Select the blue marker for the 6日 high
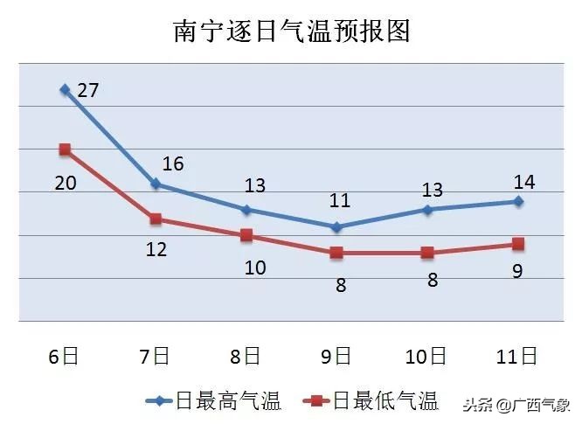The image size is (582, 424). click(x=65, y=89)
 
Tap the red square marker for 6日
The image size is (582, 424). click(x=65, y=149)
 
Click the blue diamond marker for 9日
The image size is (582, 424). click(x=336, y=226)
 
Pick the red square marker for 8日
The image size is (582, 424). click(x=246, y=235)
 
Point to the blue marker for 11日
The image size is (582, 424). click(x=518, y=201)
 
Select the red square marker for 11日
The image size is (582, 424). click(x=518, y=244)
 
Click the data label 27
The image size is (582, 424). click(x=87, y=90)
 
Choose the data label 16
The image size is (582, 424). click(x=173, y=163)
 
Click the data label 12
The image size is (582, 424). click(x=156, y=249)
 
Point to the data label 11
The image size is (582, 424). click(x=339, y=201)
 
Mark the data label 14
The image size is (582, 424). click(x=524, y=182)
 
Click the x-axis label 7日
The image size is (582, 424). click(x=155, y=356)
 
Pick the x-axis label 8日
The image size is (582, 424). click(x=246, y=356)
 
